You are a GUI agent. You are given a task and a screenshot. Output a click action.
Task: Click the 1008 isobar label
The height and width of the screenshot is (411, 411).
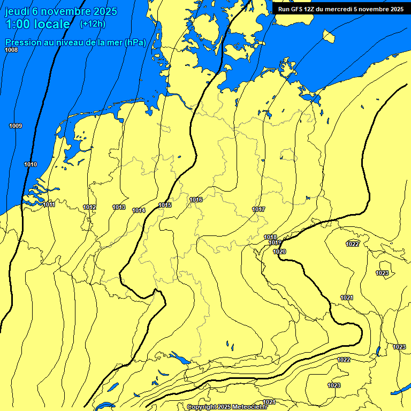11,50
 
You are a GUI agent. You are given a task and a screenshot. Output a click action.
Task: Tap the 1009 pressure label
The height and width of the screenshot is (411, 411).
16,126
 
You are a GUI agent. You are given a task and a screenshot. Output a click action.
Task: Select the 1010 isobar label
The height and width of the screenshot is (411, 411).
31,164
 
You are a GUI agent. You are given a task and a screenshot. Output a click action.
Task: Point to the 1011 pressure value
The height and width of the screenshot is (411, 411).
49,204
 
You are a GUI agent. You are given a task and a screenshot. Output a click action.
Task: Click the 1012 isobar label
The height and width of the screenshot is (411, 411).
89,207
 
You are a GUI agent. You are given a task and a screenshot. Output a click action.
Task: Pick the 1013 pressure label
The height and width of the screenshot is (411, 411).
119,207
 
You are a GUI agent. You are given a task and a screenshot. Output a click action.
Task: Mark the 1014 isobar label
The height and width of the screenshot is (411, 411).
139,210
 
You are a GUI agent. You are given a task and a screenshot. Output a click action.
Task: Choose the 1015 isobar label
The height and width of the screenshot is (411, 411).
165,205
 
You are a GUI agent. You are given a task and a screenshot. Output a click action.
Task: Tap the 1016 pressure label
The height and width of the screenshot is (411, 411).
196,200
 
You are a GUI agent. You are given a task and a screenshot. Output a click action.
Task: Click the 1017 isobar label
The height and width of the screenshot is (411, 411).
259,209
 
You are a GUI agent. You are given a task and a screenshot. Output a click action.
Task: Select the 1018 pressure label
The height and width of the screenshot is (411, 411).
270,237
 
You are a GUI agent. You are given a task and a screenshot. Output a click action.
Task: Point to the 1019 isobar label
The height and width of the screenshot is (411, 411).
275,242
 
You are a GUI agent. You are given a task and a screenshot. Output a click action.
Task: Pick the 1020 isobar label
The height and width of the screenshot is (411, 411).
279,252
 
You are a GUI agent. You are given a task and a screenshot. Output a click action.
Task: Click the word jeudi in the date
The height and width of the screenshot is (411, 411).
17,11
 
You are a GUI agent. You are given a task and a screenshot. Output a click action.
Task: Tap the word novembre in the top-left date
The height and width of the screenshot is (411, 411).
65,11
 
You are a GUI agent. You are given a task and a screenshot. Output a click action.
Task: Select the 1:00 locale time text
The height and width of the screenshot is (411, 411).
37,24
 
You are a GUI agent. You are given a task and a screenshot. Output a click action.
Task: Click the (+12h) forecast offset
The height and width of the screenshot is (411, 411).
93,24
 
